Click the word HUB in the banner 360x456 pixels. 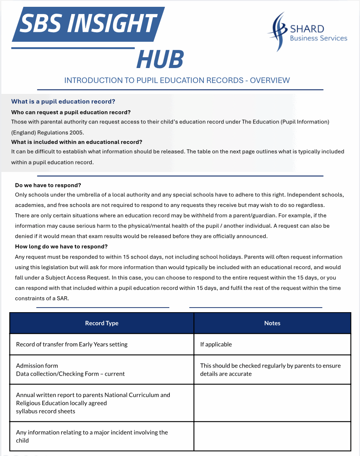pos(160,59)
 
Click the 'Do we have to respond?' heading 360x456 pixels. pos(48,185)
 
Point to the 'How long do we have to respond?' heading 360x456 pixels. pos(61,246)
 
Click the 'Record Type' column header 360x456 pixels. pos(102,323)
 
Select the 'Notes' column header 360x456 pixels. pos(272,323)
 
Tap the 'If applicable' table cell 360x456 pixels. pos(216,344)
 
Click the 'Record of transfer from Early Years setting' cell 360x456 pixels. pos(72,344)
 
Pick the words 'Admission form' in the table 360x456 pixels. pos(37,365)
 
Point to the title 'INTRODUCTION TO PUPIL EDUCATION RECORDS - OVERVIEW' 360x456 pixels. pos(177,80)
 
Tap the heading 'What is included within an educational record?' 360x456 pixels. pos(77,142)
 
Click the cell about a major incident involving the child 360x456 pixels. pos(92,436)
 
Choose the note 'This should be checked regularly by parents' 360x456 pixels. pos(270,366)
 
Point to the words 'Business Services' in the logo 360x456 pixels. pos(318,38)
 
